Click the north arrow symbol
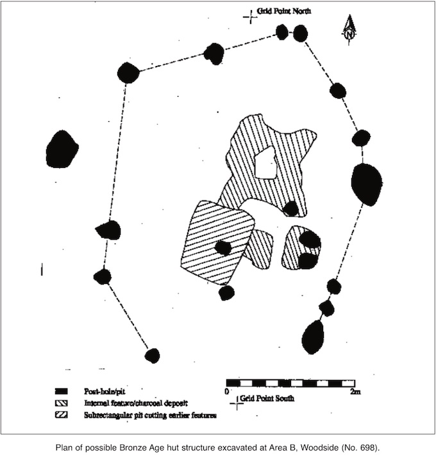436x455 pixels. (x=349, y=31)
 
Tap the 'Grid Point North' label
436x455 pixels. (x=284, y=11)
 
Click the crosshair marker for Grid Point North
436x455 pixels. (x=251, y=17)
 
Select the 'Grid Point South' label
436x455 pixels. (x=267, y=398)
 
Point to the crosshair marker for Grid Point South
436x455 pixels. (x=237, y=403)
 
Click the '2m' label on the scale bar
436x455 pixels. (x=355, y=392)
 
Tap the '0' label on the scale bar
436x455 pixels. (x=227, y=391)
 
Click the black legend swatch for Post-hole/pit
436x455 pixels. (x=62, y=391)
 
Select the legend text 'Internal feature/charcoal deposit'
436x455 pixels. (x=136, y=403)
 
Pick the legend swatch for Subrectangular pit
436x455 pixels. (x=62, y=415)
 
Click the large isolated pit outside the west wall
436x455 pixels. (x=62, y=149)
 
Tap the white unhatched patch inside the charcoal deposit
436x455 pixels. (x=265, y=163)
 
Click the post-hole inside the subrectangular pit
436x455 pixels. (x=223, y=248)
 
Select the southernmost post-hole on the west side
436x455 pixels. (x=153, y=356)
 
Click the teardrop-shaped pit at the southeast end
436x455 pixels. (x=313, y=338)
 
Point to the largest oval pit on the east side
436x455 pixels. (x=367, y=185)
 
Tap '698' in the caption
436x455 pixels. (x=371, y=447)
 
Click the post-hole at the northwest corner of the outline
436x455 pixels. (x=128, y=73)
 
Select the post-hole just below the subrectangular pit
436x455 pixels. (x=226, y=293)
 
